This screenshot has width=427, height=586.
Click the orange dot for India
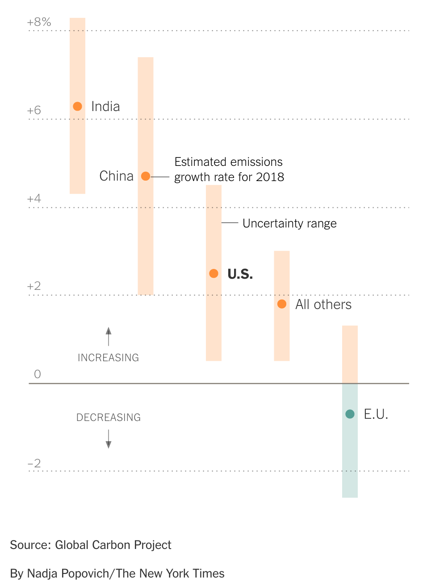(x=77, y=106)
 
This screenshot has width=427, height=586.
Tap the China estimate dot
(x=146, y=176)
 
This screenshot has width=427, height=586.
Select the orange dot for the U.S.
(x=213, y=273)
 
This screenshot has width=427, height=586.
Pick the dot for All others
(x=282, y=304)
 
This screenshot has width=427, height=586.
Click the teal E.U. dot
(x=350, y=414)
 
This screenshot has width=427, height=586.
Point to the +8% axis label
(x=39, y=22)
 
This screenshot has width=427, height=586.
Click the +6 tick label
(x=34, y=110)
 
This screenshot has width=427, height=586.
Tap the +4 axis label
(x=34, y=198)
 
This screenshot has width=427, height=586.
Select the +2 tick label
(x=34, y=286)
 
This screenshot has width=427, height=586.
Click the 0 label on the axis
(x=38, y=374)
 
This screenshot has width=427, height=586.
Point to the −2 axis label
(x=34, y=463)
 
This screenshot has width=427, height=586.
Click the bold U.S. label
(x=240, y=274)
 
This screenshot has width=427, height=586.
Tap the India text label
(x=105, y=107)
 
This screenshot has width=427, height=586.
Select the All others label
(x=323, y=305)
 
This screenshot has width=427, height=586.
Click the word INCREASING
(x=108, y=358)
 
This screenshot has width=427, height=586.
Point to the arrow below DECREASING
(x=109, y=439)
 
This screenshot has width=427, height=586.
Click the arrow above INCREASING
(x=109, y=336)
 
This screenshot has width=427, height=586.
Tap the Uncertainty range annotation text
(x=289, y=223)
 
